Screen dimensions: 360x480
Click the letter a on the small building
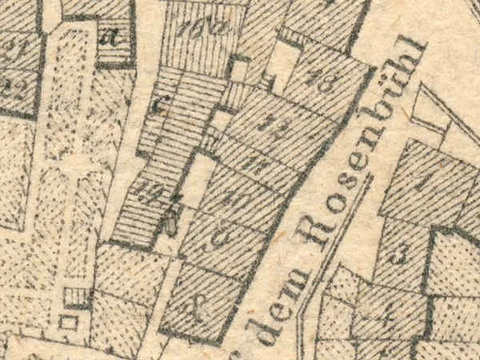(107, 37)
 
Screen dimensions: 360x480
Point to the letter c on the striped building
(163, 105)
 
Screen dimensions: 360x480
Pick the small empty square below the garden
(70, 320)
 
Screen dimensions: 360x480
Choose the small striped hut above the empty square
(76, 295)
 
